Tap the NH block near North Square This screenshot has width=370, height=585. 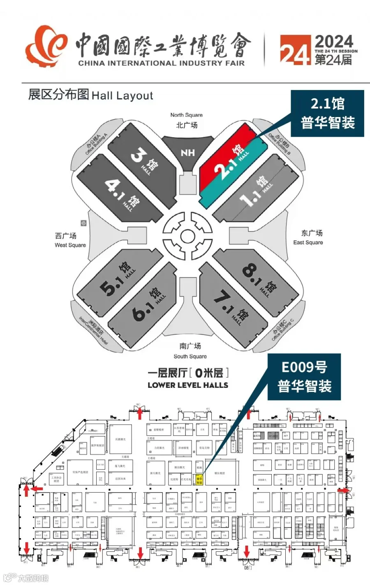coord(187,153)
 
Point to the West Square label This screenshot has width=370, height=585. coord(70,240)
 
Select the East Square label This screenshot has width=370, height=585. coord(308,237)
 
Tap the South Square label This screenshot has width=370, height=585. coord(190,351)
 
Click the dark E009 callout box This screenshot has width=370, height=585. coord(304,377)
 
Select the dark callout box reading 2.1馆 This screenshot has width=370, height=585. coord(327,113)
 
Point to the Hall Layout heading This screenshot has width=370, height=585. coord(90,95)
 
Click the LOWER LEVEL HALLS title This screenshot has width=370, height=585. coord(187,385)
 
